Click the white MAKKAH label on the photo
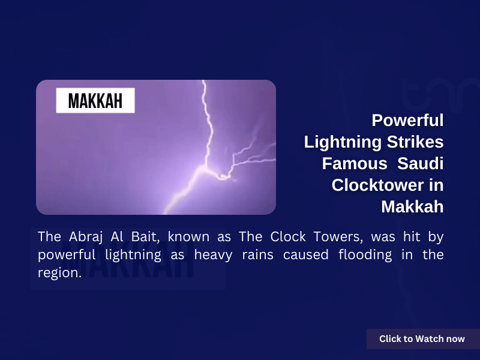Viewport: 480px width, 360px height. (x=95, y=100)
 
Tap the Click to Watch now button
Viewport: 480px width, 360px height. (x=423, y=339)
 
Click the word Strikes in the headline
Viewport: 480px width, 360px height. (x=415, y=142)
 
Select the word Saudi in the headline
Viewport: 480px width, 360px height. (x=421, y=163)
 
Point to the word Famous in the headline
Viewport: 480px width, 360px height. (x=355, y=163)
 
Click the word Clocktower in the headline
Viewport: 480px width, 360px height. (x=378, y=185)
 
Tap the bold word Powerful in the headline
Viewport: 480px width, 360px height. (x=407, y=120)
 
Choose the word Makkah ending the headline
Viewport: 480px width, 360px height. (x=412, y=206)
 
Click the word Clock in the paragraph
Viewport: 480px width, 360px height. (x=288, y=236)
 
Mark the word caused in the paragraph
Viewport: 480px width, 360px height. (x=305, y=255)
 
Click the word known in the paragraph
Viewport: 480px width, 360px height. (x=188, y=236)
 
